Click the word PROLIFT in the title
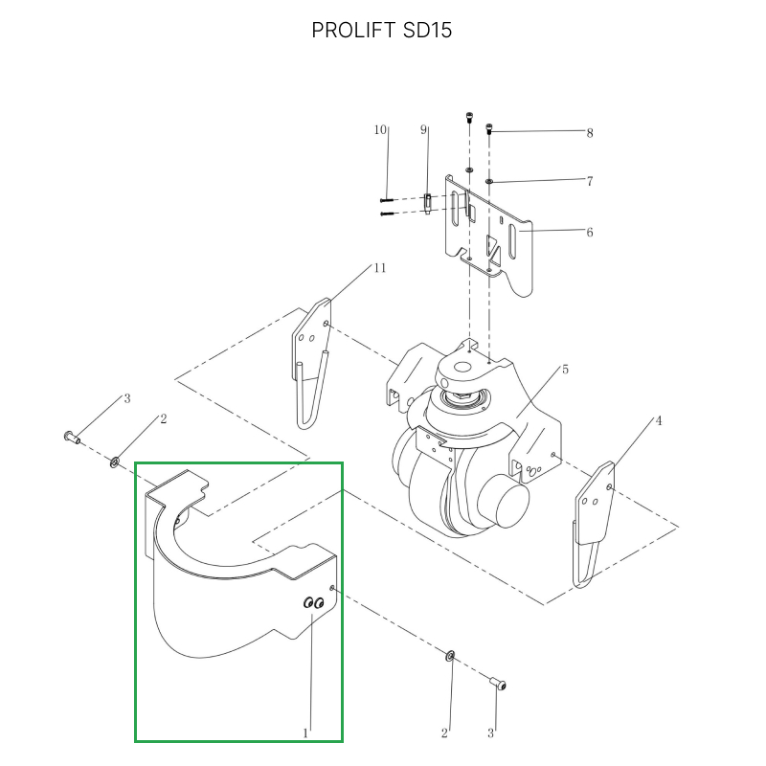[353, 31]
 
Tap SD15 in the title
[427, 31]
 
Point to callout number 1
[305, 732]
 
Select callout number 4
[659, 420]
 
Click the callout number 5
[565, 370]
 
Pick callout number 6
[590, 232]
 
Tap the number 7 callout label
[590, 181]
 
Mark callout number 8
[590, 133]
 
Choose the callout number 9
[423, 129]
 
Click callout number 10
[380, 129]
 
